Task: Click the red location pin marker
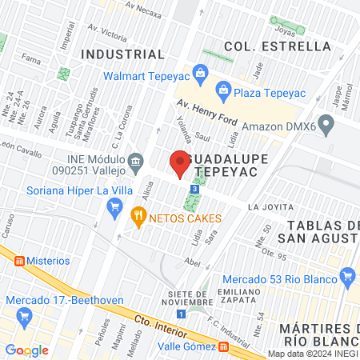tap(179, 165)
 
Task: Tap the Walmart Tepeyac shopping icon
tap(201, 78)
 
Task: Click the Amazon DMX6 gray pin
tap(325, 125)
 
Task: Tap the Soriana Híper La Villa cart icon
tap(114, 207)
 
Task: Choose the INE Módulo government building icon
tap(136, 163)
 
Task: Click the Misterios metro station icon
tap(14, 261)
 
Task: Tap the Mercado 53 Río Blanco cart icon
tap(347, 278)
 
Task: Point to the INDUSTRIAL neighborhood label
tap(123, 54)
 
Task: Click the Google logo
tap(26, 350)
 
